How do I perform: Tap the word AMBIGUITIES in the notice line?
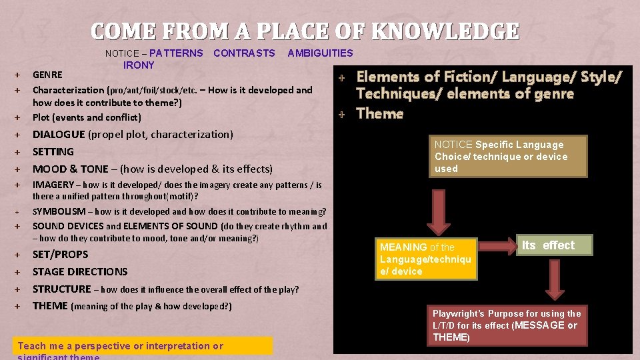coord(320,53)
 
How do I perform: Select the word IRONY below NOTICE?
coord(139,65)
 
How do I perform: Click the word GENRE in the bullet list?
coord(47,75)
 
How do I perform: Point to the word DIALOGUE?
coord(59,135)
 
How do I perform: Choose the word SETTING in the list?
coord(53,152)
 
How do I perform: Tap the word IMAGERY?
coord(53,185)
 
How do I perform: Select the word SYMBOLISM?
coord(59,211)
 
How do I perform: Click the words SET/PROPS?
coord(61,255)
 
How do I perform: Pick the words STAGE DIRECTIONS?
coord(80,272)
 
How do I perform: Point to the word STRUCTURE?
coord(61,289)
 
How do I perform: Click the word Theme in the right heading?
coord(380,114)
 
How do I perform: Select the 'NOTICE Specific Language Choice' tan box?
coord(509,157)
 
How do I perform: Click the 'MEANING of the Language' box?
coord(425,259)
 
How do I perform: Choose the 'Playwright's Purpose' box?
coord(507,325)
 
